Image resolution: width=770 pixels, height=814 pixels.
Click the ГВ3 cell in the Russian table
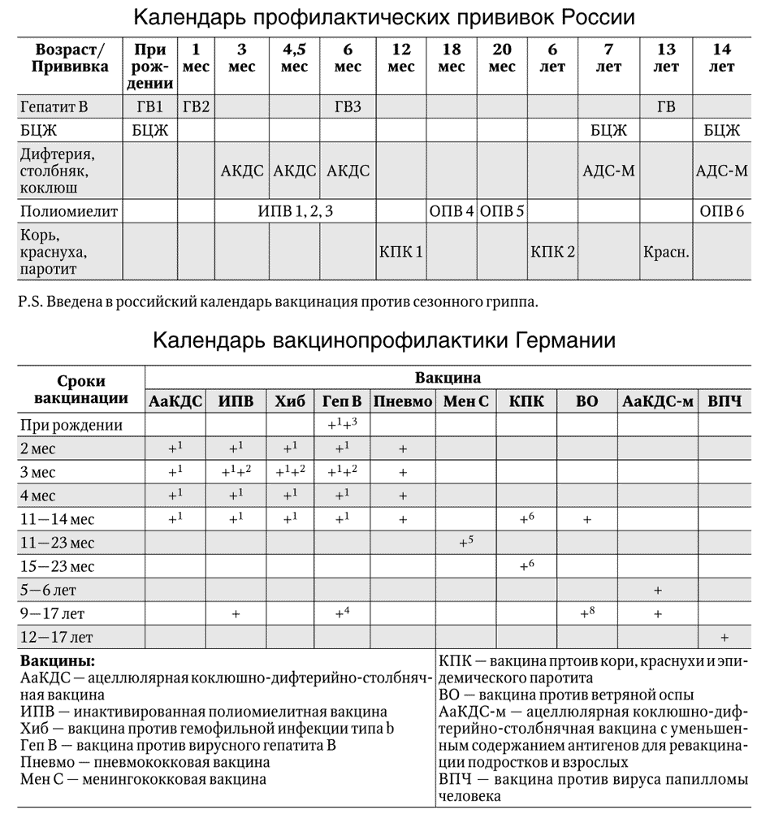click(x=348, y=106)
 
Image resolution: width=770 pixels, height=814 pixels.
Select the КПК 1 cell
click(x=400, y=251)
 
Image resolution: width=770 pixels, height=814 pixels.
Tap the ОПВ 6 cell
click(x=721, y=211)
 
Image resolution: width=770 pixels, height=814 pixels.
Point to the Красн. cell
click(x=667, y=251)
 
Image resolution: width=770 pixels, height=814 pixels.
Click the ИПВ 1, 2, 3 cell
click(x=295, y=211)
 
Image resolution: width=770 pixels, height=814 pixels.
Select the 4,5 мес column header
click(x=294, y=58)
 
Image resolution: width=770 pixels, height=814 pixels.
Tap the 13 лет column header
click(x=667, y=58)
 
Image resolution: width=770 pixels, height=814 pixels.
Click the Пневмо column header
click(x=403, y=401)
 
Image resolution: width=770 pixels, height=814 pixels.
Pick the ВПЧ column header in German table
click(x=724, y=401)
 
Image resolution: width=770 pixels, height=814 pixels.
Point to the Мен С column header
click(x=466, y=401)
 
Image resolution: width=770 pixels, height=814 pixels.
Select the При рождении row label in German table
click(x=72, y=424)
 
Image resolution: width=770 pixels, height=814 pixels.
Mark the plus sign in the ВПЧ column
click(x=724, y=637)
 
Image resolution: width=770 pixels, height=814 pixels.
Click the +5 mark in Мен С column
click(x=465, y=541)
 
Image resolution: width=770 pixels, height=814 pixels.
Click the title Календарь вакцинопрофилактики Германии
click(x=384, y=340)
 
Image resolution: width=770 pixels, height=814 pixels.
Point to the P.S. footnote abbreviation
click(x=29, y=302)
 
